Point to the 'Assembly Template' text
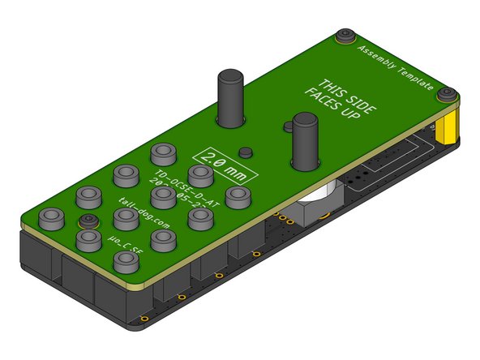coord(395,68)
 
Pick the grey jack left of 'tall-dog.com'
coord(124,216)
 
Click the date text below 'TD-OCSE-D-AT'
coord(184,197)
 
